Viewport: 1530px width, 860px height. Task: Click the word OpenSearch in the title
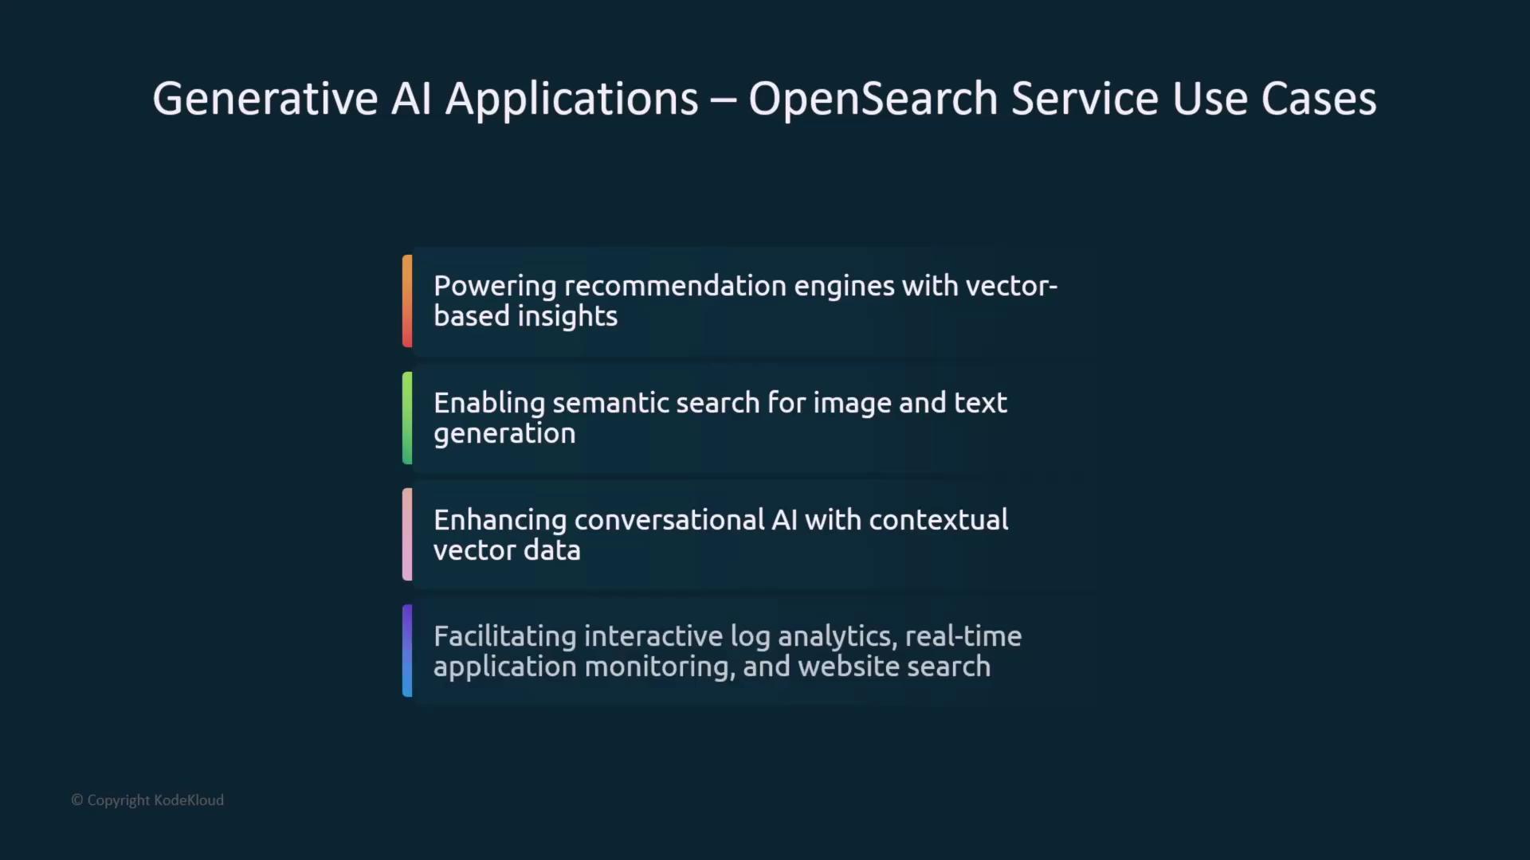pyautogui.click(x=873, y=100)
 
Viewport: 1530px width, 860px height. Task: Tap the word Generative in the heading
pyautogui.click(x=265, y=99)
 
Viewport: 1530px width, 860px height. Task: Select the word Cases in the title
pyautogui.click(x=1319, y=100)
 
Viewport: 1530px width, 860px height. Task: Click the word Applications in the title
pyautogui.click(x=571, y=100)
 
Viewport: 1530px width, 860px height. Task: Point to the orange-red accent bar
pyautogui.click(x=407, y=301)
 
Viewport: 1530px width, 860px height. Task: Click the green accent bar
pyautogui.click(x=407, y=418)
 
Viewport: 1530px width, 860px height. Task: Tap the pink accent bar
pyautogui.click(x=407, y=534)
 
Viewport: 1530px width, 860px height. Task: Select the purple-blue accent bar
pyautogui.click(x=407, y=651)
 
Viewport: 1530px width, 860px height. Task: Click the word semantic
pyautogui.click(x=610, y=403)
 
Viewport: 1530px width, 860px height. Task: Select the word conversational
pyautogui.click(x=669, y=520)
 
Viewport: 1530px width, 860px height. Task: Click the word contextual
pyautogui.click(x=939, y=520)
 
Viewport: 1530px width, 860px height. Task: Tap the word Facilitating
pyautogui.click(x=505, y=637)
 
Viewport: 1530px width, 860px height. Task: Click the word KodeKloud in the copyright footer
pyautogui.click(x=189, y=800)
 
